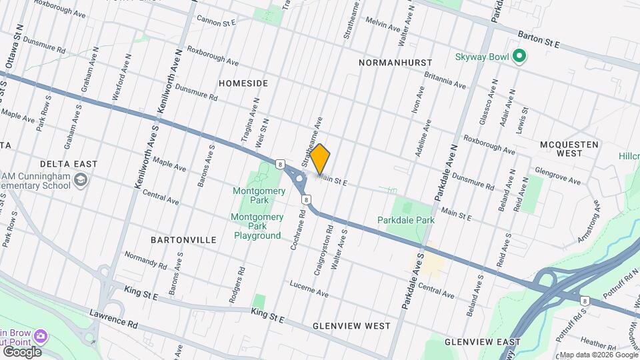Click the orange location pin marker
320,158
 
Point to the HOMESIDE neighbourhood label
243,83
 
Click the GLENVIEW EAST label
482,342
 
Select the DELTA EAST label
69,163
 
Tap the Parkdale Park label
405,220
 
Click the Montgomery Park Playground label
255,226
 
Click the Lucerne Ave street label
309,289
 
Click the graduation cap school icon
81,179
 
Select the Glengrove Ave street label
557,175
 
